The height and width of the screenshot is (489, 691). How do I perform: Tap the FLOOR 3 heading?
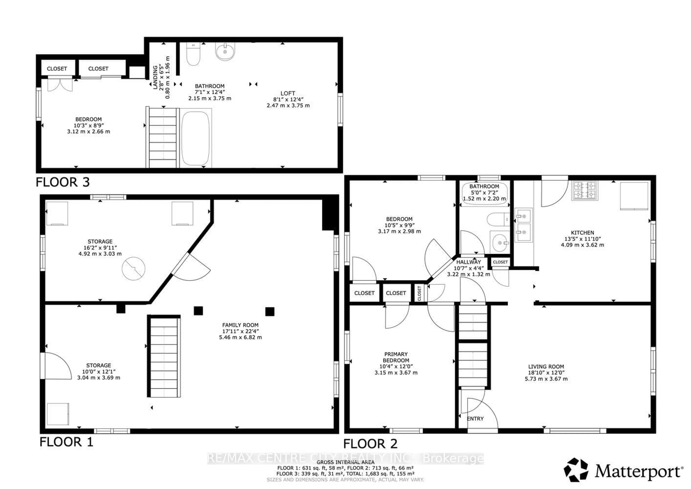(63, 182)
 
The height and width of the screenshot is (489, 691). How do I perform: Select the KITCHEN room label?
(582, 233)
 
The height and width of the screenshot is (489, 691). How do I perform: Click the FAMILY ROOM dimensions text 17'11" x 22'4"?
(240, 331)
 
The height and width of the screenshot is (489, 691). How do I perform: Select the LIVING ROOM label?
(546, 367)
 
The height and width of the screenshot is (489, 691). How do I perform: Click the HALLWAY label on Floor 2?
(469, 262)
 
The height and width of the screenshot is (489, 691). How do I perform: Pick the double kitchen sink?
(523, 225)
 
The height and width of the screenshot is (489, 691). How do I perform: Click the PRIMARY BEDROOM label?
(396, 357)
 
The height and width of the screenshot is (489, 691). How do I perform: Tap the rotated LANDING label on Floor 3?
(155, 77)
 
